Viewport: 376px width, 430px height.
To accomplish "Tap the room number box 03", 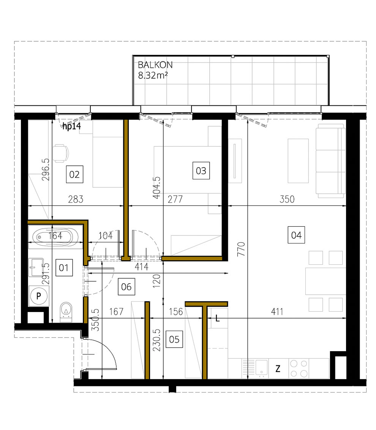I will tap(201, 171).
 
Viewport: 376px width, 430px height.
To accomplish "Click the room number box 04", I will tap(296, 235).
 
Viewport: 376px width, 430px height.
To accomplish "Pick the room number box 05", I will tap(174, 339).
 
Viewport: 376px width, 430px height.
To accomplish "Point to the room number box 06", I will tap(126, 287).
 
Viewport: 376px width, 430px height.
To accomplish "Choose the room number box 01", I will tap(63, 268).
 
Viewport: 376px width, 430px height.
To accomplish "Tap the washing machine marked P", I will tap(39, 297).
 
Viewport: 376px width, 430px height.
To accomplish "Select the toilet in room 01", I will tap(66, 312).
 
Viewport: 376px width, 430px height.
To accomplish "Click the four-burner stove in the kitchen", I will tap(299, 368).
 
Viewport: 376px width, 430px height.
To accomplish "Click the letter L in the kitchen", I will tap(217, 319).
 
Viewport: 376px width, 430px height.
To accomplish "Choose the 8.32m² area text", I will tap(153, 75).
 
